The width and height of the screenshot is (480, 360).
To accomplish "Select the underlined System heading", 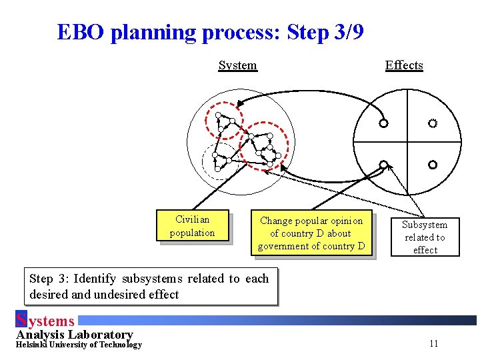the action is tap(237, 65).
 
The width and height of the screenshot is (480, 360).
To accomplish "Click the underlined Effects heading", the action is tap(404, 65).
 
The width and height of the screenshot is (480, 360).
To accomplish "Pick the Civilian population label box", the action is tap(192, 226).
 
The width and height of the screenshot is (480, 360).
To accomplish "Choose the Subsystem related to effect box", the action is tap(425, 237).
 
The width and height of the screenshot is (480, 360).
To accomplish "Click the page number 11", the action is tap(433, 343).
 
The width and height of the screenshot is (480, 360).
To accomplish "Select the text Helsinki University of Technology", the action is tap(79, 345).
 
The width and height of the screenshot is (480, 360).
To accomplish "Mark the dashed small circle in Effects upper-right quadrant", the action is tap(433, 123).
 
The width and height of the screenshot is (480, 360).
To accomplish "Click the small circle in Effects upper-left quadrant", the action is tap(383, 123).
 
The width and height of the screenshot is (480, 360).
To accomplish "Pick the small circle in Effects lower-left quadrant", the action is tap(383, 165).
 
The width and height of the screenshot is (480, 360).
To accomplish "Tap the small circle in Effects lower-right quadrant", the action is tap(433, 165).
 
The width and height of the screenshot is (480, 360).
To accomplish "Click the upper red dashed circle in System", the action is tap(225, 121).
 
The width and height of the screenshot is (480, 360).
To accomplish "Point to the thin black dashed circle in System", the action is tap(219, 161).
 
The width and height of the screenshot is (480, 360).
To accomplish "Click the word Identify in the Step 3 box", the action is tap(97, 279).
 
